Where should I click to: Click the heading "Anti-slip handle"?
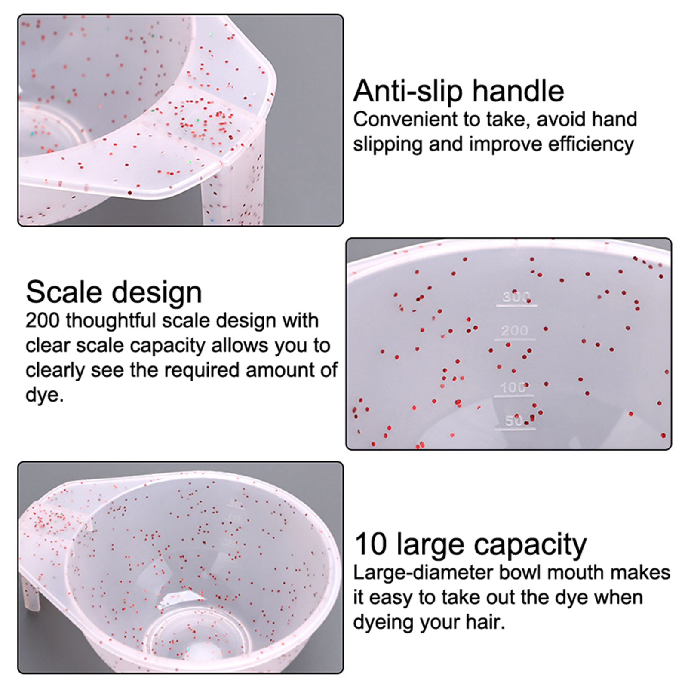pos(458,91)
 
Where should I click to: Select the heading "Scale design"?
pos(114,293)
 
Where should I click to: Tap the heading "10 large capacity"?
pos(470,545)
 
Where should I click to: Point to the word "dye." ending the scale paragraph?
pos(44,395)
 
